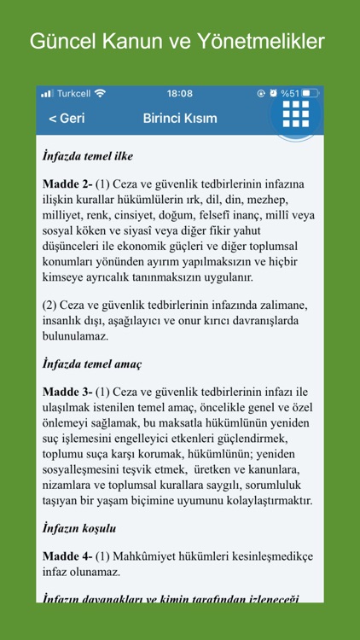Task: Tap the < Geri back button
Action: tap(67, 118)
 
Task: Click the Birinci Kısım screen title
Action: tap(180, 118)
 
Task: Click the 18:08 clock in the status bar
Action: tap(180, 93)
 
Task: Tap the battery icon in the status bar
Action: tap(311, 93)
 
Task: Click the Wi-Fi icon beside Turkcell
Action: tap(101, 93)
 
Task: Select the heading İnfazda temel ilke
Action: tap(88, 156)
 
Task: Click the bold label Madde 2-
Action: tap(67, 183)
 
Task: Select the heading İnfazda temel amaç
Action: tap(92, 364)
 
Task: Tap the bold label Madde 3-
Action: tap(67, 392)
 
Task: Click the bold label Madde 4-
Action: tap(67, 556)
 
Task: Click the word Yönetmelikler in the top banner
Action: tap(269, 41)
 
